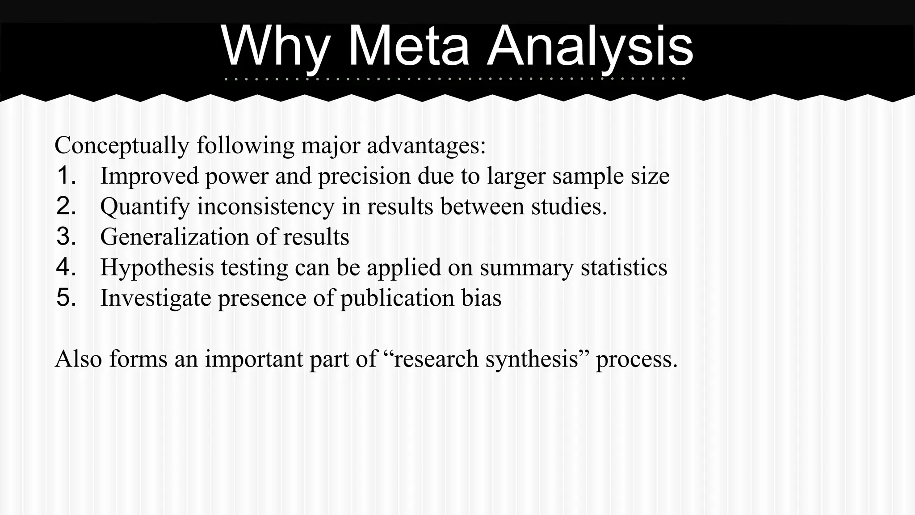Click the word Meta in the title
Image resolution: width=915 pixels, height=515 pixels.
pyautogui.click(x=408, y=46)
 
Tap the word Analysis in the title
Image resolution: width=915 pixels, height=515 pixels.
pyautogui.click(x=590, y=46)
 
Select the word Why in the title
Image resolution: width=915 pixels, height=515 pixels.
pyautogui.click(x=276, y=46)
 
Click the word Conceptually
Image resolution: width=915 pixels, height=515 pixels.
pyautogui.click(x=122, y=145)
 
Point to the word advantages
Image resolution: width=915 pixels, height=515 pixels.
pyautogui.click(x=426, y=145)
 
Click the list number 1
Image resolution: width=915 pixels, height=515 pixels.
pyautogui.click(x=66, y=175)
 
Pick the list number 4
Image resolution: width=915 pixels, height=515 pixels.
pyautogui.click(x=66, y=267)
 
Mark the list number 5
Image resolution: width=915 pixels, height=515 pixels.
pyautogui.click(x=66, y=297)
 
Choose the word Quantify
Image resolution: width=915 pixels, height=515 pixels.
pyautogui.click(x=145, y=207)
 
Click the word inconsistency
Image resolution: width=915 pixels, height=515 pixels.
pyautogui.click(x=266, y=207)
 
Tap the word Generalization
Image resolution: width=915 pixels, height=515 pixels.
pyautogui.click(x=174, y=236)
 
